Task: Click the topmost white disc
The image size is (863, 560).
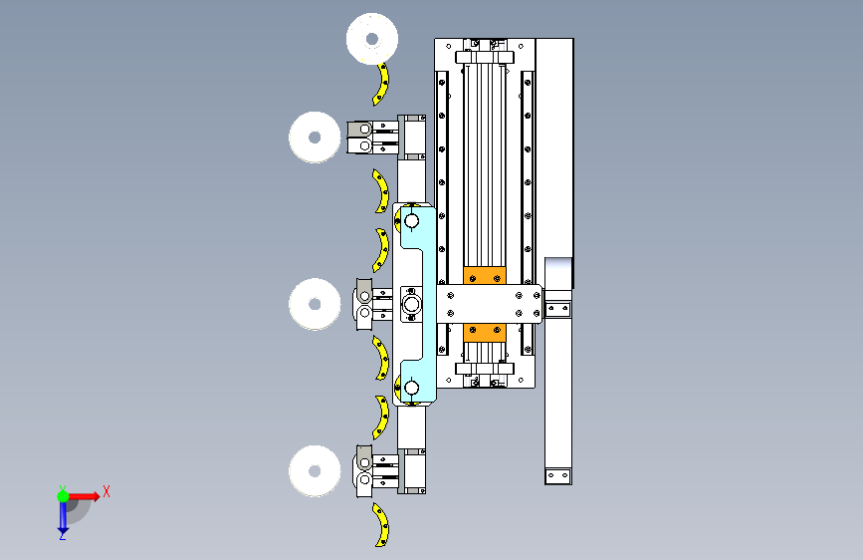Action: click(x=372, y=40)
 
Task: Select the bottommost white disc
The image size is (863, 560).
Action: click(x=316, y=468)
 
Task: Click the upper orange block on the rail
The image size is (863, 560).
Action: click(x=485, y=276)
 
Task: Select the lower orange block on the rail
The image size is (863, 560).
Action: click(x=485, y=332)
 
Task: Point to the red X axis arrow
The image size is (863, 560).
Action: click(x=86, y=495)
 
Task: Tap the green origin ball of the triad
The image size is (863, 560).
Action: click(x=63, y=494)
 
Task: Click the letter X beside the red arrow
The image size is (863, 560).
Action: click(x=106, y=491)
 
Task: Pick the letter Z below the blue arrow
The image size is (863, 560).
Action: click(x=63, y=536)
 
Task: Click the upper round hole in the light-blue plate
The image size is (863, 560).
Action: click(x=411, y=220)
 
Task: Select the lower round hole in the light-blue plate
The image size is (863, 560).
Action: click(x=411, y=388)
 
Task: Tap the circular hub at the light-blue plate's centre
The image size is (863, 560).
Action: click(x=411, y=303)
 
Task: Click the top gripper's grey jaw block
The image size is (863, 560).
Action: click(x=358, y=138)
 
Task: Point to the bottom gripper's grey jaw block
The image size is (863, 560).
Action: click(x=363, y=470)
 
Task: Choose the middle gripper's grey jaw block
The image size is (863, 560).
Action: click(x=364, y=303)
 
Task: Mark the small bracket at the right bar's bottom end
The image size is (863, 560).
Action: click(x=558, y=476)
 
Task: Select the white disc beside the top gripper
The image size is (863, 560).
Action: click(x=316, y=137)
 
